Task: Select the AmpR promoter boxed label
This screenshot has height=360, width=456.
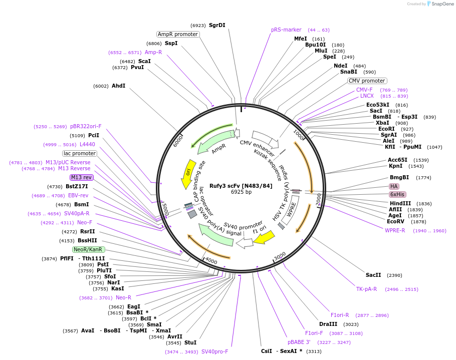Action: click(177, 34)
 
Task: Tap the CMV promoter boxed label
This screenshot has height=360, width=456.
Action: click(367, 81)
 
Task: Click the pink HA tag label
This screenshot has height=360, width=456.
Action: click(394, 186)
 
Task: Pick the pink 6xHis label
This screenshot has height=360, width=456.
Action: click(397, 194)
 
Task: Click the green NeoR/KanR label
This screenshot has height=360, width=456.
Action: click(88, 249)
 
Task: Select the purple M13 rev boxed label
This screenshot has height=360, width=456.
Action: click(81, 177)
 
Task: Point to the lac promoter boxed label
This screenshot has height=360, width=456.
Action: click(79, 153)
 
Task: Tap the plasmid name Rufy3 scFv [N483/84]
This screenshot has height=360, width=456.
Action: click(241, 186)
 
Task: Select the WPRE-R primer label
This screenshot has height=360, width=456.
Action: click(395, 230)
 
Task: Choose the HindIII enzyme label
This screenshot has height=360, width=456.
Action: click(400, 203)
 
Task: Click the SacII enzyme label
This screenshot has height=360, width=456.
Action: click(373, 275)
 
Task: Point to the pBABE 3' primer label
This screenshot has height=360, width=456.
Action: click(299, 342)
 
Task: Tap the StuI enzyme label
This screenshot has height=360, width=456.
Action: click(190, 342)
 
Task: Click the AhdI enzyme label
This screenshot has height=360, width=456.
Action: click(118, 86)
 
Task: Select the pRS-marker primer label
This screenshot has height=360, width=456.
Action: click(286, 30)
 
